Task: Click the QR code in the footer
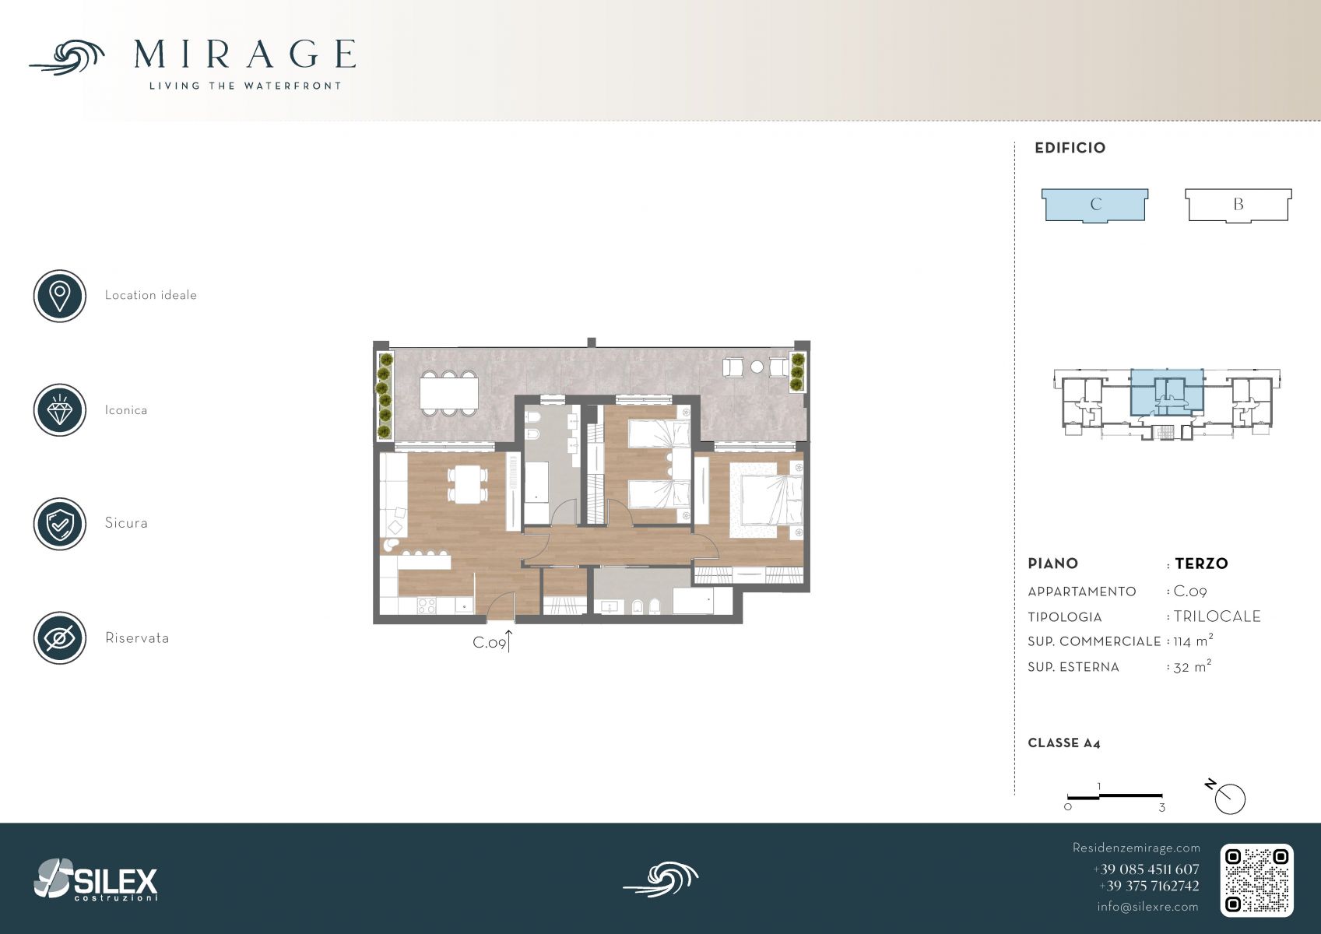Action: click(1256, 880)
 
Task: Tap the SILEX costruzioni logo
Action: click(96, 880)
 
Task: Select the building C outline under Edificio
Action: click(1094, 205)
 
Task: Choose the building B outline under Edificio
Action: click(1238, 205)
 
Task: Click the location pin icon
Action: click(60, 296)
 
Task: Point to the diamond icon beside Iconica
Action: click(60, 410)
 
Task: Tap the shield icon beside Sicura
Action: click(60, 524)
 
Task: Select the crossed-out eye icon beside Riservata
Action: click(60, 638)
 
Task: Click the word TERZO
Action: click(1201, 564)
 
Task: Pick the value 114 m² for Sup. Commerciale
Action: click(1193, 641)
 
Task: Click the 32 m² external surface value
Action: click(1193, 666)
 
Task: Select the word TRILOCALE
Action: click(1217, 616)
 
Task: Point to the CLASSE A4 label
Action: click(1064, 743)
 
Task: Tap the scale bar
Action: click(1115, 797)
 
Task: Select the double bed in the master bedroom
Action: click(766, 500)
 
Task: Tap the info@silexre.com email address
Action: click(1147, 907)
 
